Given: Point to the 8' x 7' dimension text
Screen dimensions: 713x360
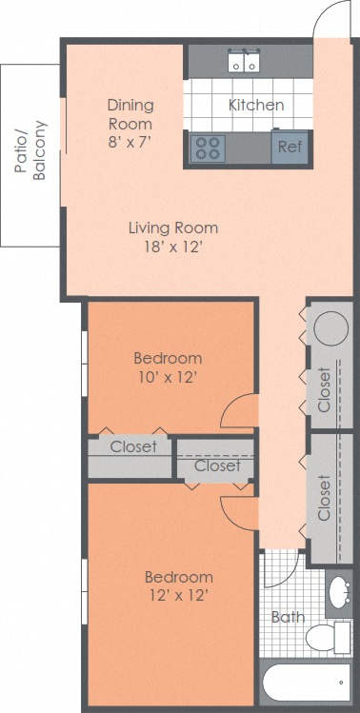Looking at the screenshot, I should pos(130,140).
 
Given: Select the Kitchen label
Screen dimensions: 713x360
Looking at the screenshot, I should pos(255,105).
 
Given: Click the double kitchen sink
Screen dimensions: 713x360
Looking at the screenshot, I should pos(244,63).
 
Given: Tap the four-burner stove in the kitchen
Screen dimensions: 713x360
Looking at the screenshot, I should pos(208,148).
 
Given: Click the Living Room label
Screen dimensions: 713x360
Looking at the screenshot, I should pos(173,228).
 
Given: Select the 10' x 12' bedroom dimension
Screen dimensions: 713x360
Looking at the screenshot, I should pos(168,377).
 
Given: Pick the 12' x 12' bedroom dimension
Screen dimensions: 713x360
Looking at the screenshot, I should pos(178,596).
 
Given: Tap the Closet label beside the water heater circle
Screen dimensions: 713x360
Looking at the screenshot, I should pos(324,389).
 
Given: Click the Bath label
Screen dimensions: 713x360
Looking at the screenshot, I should pos(288,617).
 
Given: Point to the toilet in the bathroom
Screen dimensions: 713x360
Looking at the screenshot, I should pos(332,638).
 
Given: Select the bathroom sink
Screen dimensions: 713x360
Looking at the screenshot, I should pos(339,595).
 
